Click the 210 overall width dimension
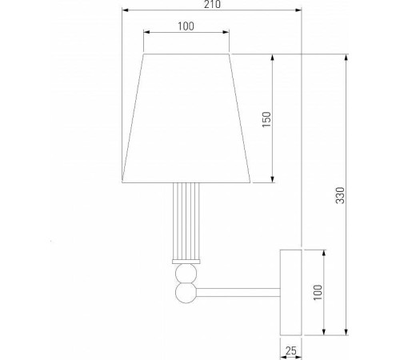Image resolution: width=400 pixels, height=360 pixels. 212,6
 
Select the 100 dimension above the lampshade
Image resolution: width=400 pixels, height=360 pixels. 186,26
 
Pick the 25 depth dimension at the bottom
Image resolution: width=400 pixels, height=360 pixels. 290,350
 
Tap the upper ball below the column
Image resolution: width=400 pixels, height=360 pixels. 186,276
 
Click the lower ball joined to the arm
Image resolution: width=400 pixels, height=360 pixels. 186,292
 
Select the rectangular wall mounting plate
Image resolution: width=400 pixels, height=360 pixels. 290,292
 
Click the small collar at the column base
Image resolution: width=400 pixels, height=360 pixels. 186,262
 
